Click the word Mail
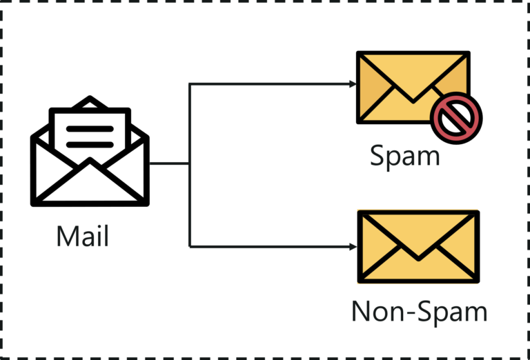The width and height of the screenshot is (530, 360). point(83,237)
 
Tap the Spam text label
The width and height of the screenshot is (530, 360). point(404,156)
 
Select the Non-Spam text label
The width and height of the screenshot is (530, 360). point(419,312)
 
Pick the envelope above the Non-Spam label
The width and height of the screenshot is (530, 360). point(418,247)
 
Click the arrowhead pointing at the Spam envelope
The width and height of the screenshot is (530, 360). point(353,84)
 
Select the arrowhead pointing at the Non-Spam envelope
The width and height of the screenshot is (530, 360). point(353,246)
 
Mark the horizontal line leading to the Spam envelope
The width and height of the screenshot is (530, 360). point(269,84)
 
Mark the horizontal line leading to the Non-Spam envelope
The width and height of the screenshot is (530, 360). point(269,246)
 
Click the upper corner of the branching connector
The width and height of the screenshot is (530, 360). point(190,84)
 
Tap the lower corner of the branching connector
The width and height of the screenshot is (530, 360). point(190,246)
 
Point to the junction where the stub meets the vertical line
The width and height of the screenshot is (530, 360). point(189,164)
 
